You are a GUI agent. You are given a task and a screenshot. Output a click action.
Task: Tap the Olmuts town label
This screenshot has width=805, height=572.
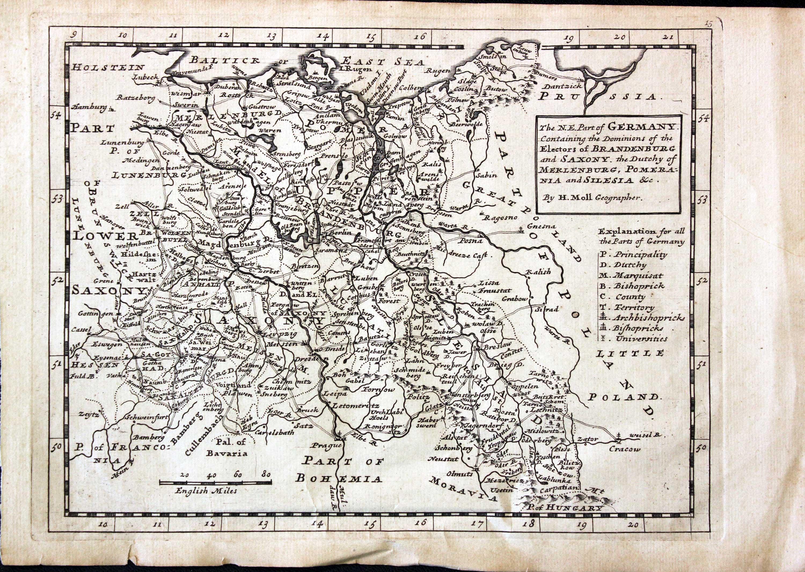click(x=460, y=474)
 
